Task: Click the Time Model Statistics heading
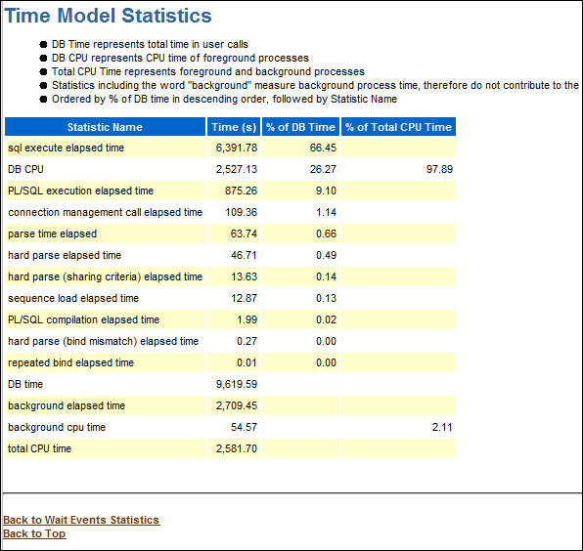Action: pos(108,16)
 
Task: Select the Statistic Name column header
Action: pos(105,127)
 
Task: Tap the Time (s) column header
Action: pos(234,127)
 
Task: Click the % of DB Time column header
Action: pos(300,127)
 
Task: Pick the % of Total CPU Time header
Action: pos(398,127)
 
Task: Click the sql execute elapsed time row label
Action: pos(66,148)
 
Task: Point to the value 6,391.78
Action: pos(236,148)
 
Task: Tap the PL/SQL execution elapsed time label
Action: pos(80,191)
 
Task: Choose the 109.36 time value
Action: pos(241,213)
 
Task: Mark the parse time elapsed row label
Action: pos(52,234)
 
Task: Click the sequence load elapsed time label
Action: pos(73,299)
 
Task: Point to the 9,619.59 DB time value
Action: pos(236,385)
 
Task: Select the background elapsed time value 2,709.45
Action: pos(236,406)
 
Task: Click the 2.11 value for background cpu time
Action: pos(441,428)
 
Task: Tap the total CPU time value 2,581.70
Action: pos(236,449)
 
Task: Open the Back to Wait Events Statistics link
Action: pos(81,520)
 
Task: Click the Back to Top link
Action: pos(34,533)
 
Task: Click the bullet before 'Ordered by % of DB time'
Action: pos(43,99)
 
